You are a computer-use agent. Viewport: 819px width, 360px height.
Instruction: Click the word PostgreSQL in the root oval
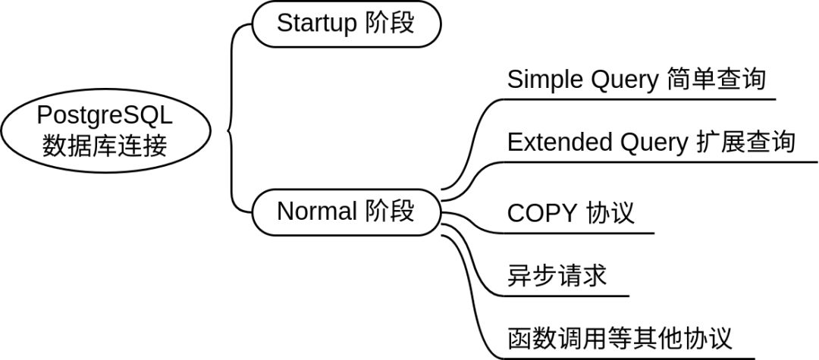tap(105, 115)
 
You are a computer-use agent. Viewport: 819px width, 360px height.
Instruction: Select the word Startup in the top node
tap(317, 23)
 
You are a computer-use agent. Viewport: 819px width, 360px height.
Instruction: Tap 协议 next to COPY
tap(610, 213)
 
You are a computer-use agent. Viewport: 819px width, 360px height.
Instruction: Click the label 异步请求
tap(557, 274)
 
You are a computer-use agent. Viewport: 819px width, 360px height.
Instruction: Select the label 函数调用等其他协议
tap(620, 337)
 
